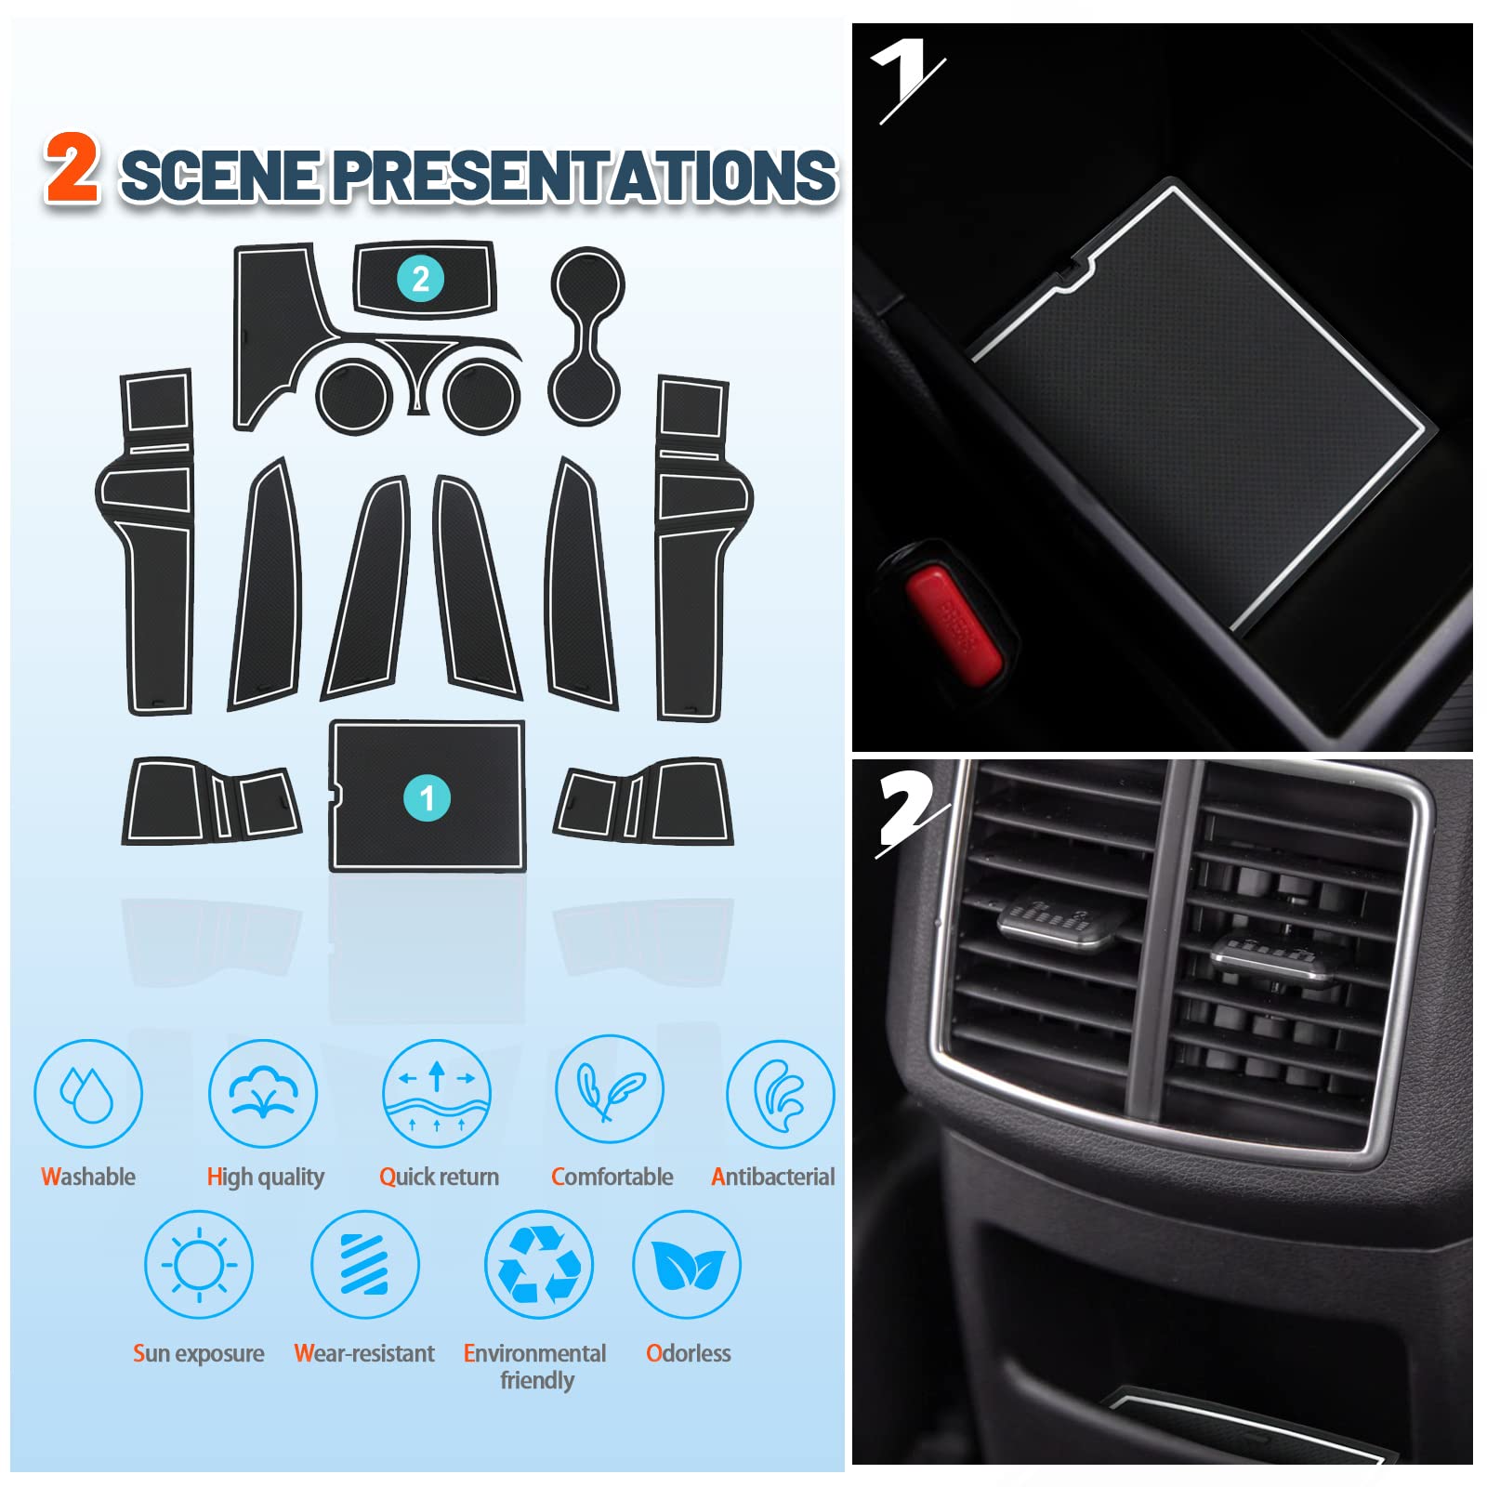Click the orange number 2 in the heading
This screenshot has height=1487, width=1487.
[x=72, y=167]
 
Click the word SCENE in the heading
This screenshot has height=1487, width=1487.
[x=221, y=176]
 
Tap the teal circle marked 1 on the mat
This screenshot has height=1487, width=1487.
[x=427, y=797]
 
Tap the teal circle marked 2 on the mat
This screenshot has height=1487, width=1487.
[x=420, y=279]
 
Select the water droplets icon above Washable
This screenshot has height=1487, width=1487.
[x=87, y=1094]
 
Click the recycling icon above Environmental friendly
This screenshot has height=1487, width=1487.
[x=539, y=1264]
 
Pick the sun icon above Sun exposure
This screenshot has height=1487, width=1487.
[x=199, y=1264]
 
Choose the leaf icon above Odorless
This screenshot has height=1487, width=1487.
[x=687, y=1264]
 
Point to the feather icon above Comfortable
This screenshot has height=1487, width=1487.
[x=610, y=1089]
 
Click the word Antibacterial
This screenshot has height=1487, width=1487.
[x=772, y=1177]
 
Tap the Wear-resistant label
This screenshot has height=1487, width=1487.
[x=364, y=1353]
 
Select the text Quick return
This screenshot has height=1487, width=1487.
[x=439, y=1177]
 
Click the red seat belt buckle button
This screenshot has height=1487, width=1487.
[x=954, y=625]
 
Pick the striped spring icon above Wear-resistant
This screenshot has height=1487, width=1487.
[x=364, y=1264]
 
